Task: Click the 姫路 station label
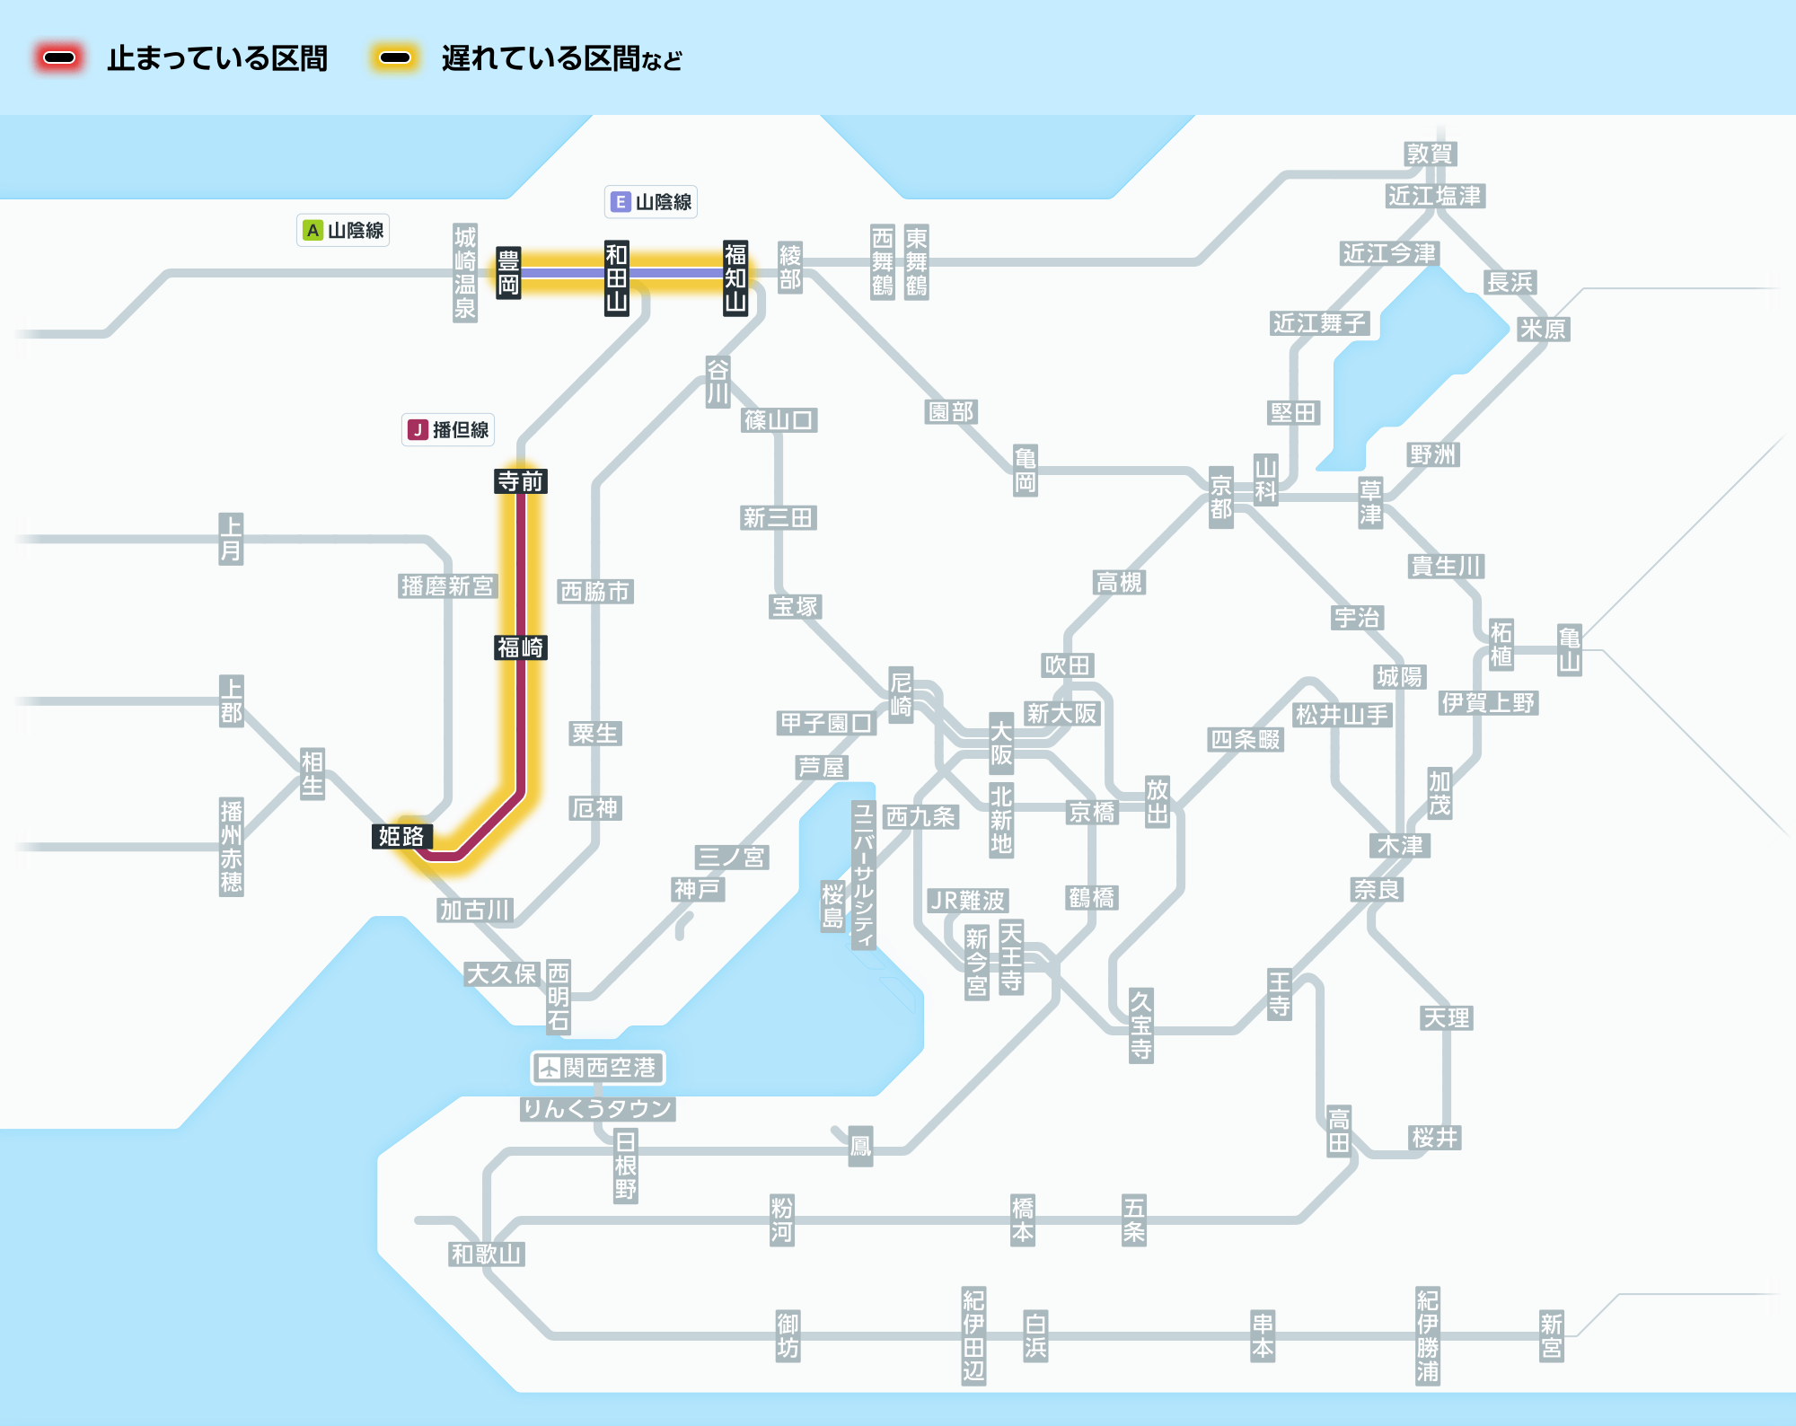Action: (401, 837)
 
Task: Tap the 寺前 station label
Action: (521, 481)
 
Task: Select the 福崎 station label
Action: (521, 647)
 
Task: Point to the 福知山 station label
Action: (735, 277)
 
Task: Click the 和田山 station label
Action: (616, 277)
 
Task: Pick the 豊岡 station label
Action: (508, 274)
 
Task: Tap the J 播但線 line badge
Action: (449, 430)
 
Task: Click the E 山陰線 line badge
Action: (651, 202)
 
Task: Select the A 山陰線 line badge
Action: (343, 231)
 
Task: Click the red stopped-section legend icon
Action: (59, 58)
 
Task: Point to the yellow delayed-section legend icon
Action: (395, 58)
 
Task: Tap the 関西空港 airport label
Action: (598, 1068)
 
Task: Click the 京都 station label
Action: (1220, 497)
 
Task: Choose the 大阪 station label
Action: (1001, 744)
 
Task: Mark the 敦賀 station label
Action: (1430, 154)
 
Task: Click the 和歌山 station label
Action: (487, 1254)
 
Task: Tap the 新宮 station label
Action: (1551, 1336)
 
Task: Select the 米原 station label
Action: (1543, 330)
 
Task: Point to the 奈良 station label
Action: (1377, 890)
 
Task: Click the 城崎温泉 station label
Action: (465, 273)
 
